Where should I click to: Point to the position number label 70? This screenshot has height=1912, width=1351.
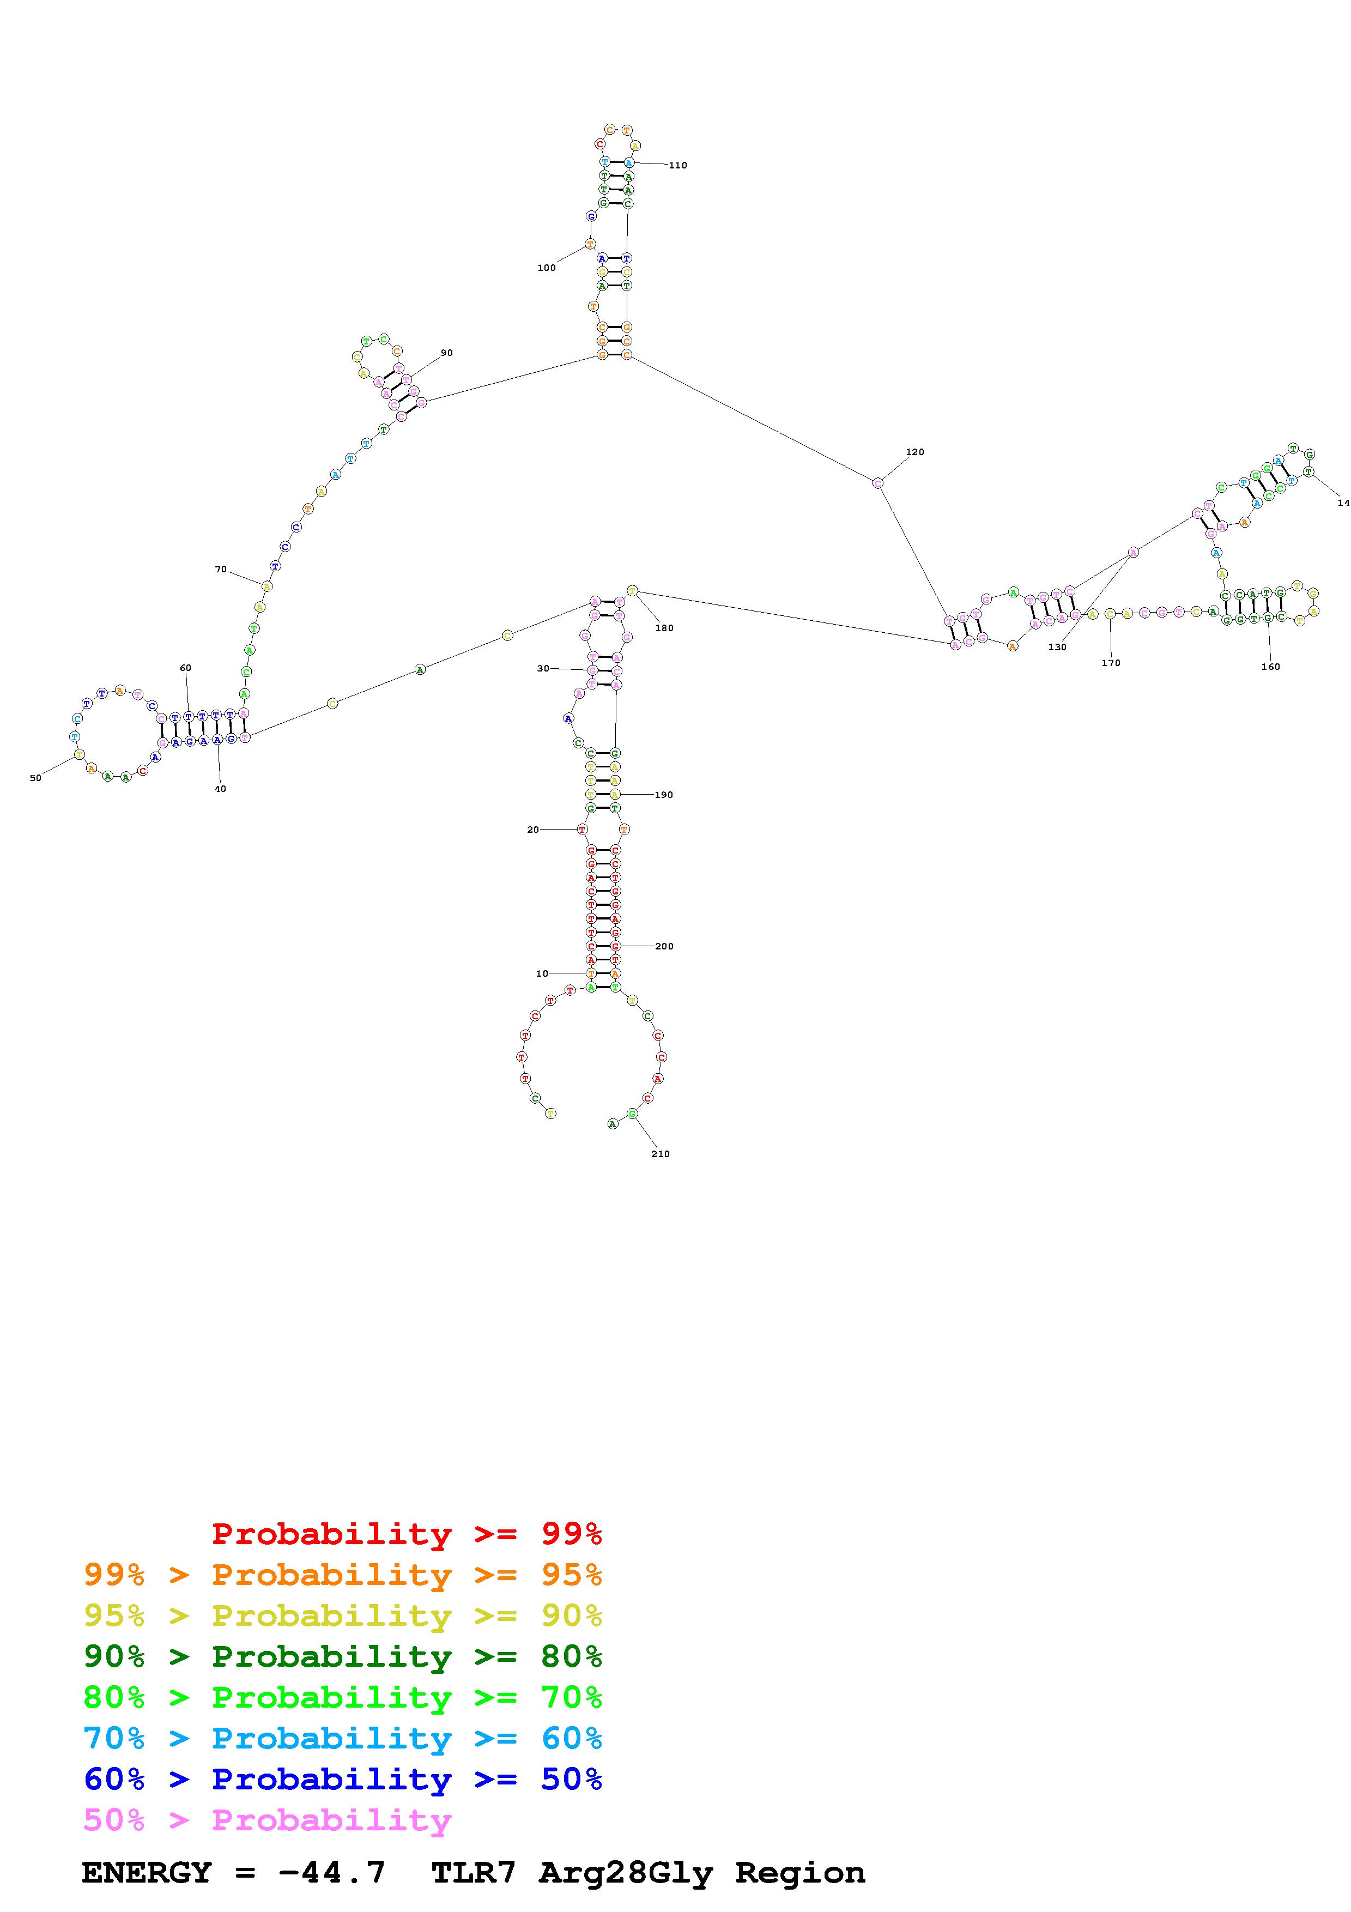point(221,570)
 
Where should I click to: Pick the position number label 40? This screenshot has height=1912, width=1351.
point(220,789)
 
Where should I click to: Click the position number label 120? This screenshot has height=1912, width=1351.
point(915,452)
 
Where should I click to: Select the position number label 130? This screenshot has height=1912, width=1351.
point(1057,647)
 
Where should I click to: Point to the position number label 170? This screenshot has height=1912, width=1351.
point(1111,663)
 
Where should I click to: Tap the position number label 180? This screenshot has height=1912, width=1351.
point(664,628)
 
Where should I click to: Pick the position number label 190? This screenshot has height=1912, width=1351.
point(663,795)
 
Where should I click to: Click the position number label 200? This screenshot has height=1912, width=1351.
point(664,947)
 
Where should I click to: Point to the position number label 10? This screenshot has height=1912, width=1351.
point(542,973)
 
